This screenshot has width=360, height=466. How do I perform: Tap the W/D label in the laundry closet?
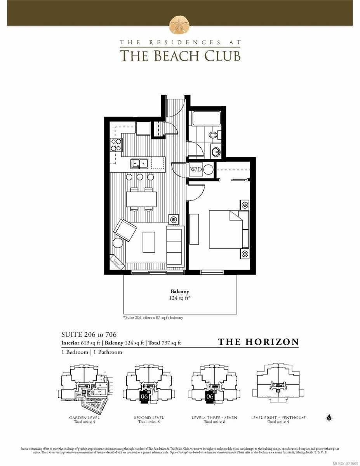195,170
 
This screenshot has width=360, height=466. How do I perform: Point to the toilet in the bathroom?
214,135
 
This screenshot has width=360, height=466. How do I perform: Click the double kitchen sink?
139,163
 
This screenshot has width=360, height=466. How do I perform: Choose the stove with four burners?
116,144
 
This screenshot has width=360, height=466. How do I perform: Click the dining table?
141,199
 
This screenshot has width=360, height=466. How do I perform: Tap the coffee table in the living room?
149,242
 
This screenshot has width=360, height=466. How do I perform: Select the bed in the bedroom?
229,229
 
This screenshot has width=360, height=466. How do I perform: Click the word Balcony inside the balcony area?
180,291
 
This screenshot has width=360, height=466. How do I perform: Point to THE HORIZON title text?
258,342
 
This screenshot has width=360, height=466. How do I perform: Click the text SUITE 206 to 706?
89,334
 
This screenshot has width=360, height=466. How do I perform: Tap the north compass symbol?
329,418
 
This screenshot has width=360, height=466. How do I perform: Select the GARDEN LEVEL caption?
84,418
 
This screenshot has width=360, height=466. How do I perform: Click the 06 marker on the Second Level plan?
144,396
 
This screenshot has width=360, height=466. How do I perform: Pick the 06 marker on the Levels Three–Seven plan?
210,396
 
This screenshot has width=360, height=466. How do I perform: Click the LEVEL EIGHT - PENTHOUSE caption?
278,418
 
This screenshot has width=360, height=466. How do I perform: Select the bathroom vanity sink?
216,151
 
